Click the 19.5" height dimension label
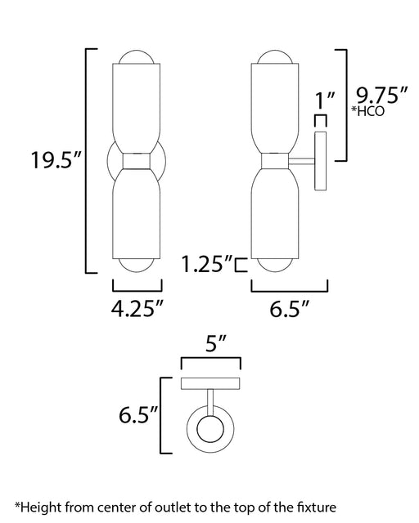(x=56, y=160)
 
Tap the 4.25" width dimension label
(x=137, y=309)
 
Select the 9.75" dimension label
(x=381, y=96)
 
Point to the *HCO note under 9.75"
(x=368, y=111)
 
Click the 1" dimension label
(x=325, y=100)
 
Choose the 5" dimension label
(x=216, y=343)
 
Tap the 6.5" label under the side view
(x=290, y=309)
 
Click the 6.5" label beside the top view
(x=138, y=414)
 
